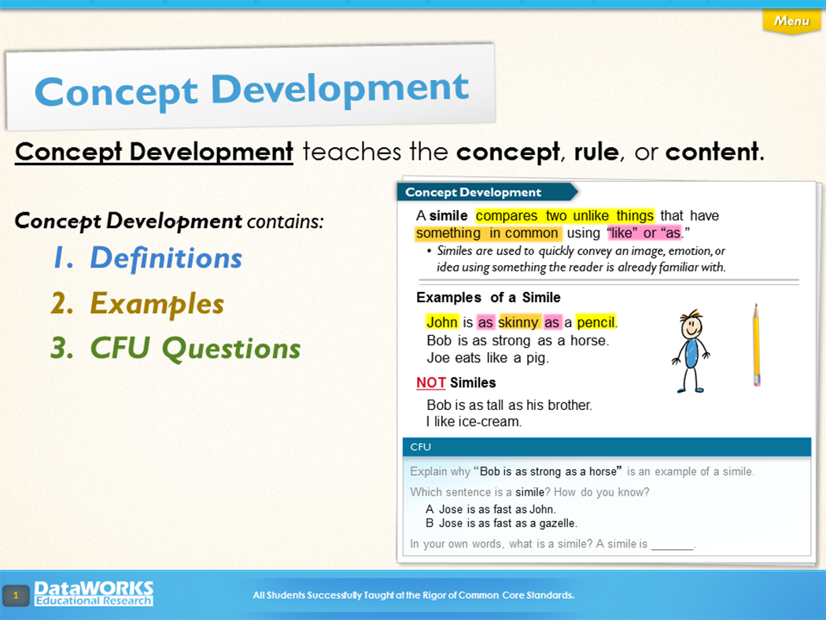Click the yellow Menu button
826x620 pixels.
791,21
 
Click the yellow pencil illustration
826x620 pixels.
757,345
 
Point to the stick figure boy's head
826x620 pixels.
691,324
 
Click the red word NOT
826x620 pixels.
431,382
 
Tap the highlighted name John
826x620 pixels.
442,322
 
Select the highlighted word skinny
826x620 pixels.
518,322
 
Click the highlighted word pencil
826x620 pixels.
596,322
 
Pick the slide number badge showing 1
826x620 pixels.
16,596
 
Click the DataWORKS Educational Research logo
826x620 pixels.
94,593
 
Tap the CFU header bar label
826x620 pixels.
420,447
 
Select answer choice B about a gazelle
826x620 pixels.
502,523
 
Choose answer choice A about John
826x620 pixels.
490,509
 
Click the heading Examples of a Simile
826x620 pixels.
489,297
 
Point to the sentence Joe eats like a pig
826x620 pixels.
488,358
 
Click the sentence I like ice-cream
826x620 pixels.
474,422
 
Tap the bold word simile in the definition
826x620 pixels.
448,216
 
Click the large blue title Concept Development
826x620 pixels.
251,90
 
